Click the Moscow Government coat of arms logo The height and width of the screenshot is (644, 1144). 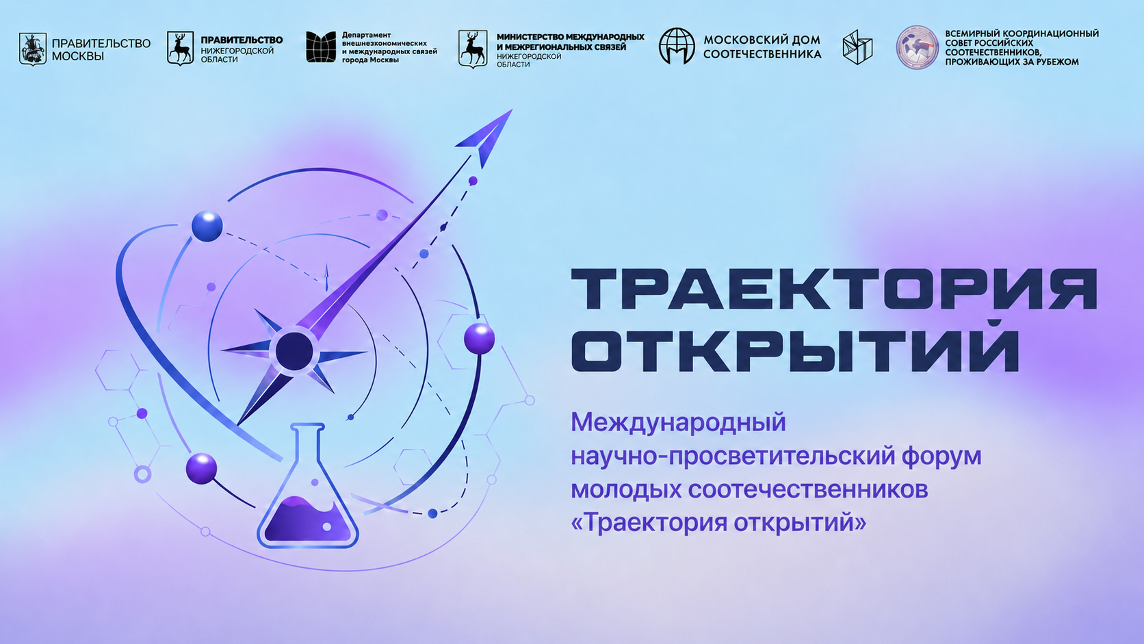click(33, 49)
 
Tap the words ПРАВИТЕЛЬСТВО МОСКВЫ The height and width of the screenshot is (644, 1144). click(101, 49)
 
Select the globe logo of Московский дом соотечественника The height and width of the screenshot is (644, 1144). click(677, 46)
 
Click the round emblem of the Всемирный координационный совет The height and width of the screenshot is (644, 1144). click(918, 47)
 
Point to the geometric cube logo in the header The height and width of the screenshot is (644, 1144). click(857, 47)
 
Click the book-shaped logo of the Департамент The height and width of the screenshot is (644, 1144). click(321, 47)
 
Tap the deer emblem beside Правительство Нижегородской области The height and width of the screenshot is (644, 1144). click(180, 49)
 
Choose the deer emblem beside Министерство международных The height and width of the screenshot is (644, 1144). click(472, 49)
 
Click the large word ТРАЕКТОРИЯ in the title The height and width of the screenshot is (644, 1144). click(834, 289)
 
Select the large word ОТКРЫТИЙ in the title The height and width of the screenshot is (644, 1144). click(794, 350)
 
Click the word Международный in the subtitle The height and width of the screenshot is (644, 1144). click(678, 423)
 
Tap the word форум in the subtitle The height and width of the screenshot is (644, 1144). click(941, 456)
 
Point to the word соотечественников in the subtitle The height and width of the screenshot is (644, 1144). click(808, 489)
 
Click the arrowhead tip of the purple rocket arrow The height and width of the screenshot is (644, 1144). click(512, 110)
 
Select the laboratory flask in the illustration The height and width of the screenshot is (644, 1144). click(307, 486)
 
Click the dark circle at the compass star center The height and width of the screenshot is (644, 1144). click(294, 351)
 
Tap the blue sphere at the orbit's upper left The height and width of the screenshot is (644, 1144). click(207, 226)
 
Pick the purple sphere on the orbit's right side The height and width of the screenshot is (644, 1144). click(479, 339)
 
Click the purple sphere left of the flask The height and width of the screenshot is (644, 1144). click(201, 468)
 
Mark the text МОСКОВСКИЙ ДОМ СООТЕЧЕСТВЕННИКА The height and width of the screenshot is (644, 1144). click(762, 47)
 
